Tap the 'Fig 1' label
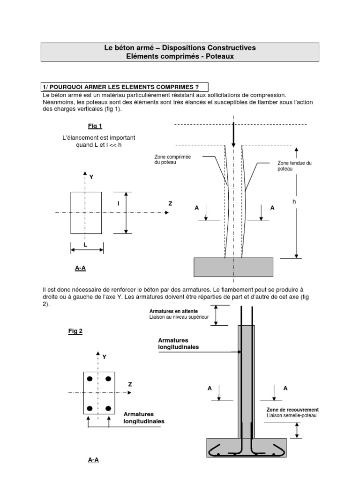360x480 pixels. (95, 126)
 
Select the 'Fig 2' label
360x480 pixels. (75, 331)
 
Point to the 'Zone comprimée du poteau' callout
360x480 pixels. (172, 160)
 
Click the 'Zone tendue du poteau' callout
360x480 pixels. (294, 165)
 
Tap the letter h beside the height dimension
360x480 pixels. (294, 201)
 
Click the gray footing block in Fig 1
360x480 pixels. (233, 267)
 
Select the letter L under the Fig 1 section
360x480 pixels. (85, 245)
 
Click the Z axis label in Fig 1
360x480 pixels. (170, 204)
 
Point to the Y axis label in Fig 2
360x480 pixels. (105, 357)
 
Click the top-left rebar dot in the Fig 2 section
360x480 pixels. (90, 379)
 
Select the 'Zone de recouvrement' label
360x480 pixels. (292, 409)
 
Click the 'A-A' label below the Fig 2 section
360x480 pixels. (93, 460)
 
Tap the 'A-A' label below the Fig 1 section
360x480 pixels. (80, 269)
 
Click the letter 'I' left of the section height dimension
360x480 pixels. (119, 204)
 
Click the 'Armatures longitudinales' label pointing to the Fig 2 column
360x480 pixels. (178, 344)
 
